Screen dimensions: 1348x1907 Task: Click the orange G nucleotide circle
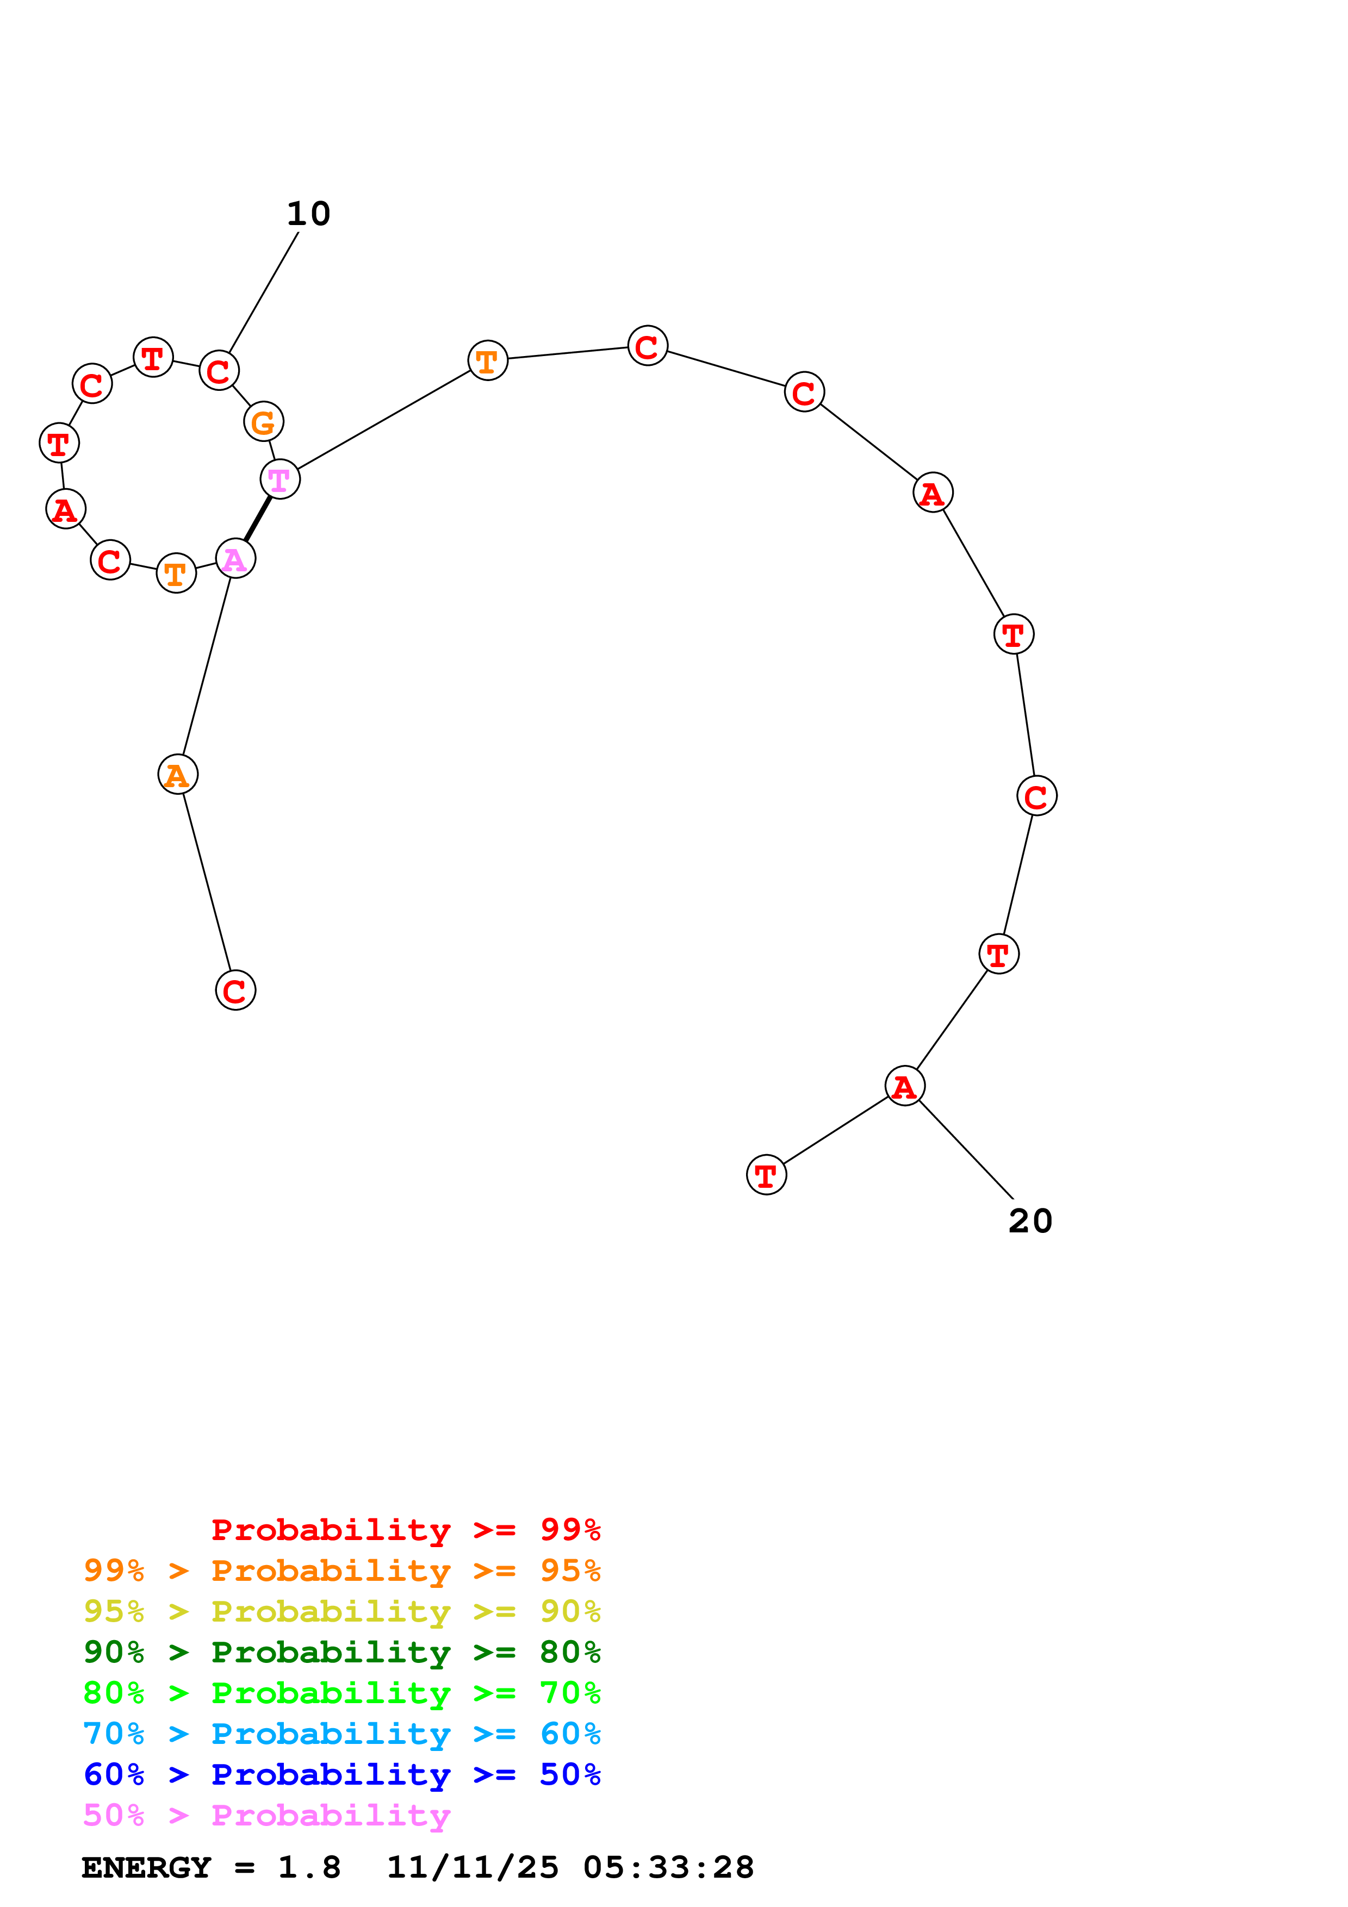coord(263,422)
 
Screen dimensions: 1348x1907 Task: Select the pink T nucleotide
coord(280,479)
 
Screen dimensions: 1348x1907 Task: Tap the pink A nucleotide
coord(235,559)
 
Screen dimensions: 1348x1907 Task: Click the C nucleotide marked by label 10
coord(219,370)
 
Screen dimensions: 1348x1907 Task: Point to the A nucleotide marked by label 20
coord(904,1086)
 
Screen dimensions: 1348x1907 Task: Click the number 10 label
coord(308,214)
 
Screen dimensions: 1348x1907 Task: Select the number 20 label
coord(1030,1221)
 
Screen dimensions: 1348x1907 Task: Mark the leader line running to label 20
coord(966,1150)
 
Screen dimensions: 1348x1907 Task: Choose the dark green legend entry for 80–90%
coord(341,1652)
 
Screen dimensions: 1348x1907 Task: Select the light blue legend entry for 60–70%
coord(341,1734)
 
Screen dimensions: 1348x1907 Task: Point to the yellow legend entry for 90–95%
coord(341,1611)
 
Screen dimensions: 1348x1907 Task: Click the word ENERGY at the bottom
coord(146,1868)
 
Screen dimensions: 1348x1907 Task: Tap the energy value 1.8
coord(309,1868)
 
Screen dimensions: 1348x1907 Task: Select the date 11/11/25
coord(473,1868)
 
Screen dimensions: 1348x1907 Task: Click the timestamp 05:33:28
coord(669,1868)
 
